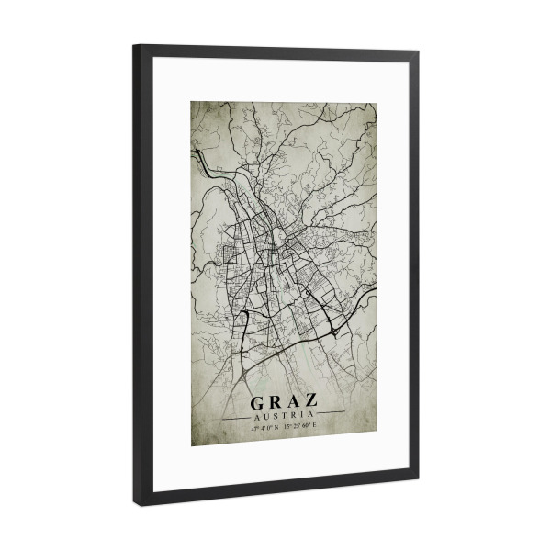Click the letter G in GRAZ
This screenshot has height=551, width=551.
point(258,401)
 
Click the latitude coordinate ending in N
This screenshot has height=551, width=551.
point(266,426)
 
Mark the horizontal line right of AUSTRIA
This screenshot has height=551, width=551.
point(331,415)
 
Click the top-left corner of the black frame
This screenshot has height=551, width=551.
point(135,46)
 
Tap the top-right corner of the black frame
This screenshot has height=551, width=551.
point(417,53)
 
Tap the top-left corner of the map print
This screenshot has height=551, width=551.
point(192,100)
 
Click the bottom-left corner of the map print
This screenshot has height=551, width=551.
point(192,445)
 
